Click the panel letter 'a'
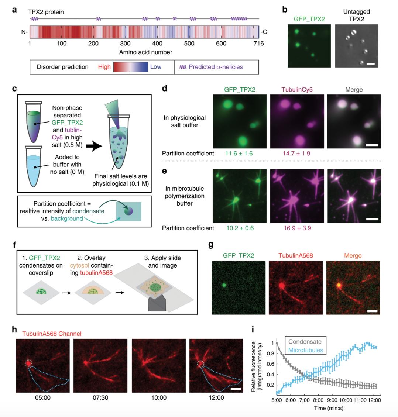point(14,10)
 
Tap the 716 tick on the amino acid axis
point(258,43)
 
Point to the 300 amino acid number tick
point(125,43)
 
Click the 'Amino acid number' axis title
point(145,52)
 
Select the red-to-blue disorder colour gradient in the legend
point(131,67)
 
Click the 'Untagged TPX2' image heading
point(356,15)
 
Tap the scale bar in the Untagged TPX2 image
point(371,64)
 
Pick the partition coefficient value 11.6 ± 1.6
point(239,154)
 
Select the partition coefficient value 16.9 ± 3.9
point(297,228)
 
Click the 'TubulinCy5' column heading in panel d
point(297,90)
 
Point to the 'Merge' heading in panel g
point(353,256)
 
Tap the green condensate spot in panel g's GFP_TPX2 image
point(224,285)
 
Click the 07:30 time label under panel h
point(100,397)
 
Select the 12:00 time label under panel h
point(216,397)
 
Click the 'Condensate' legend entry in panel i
point(305,342)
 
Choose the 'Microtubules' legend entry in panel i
point(306,350)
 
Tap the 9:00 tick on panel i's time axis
point(332,400)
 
